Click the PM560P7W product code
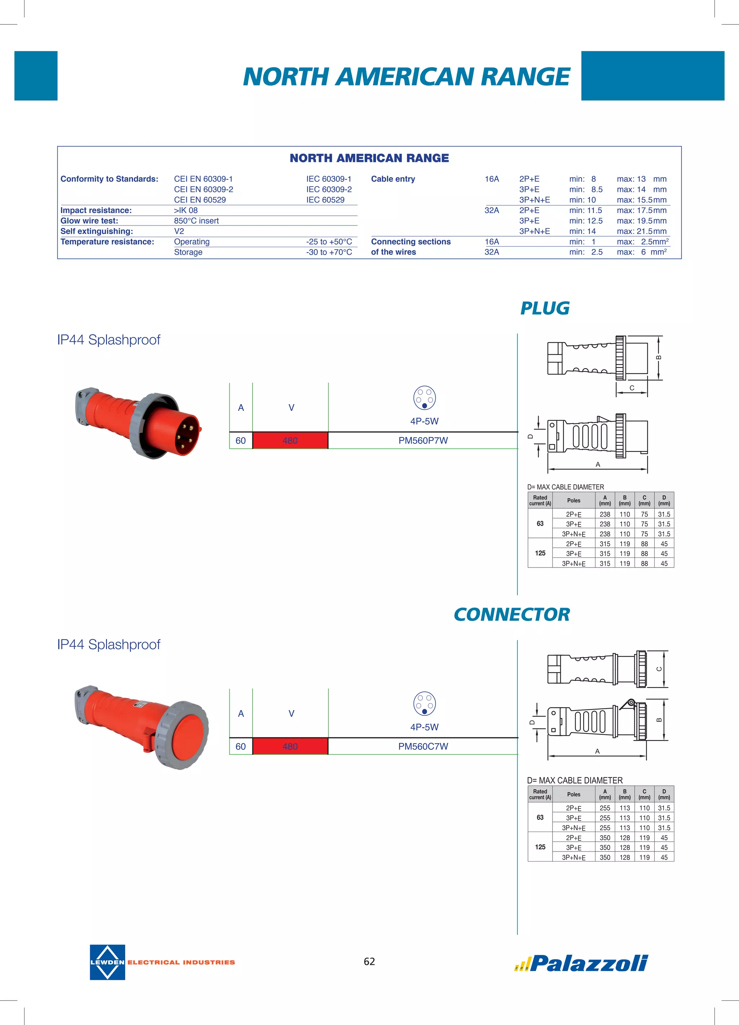click(x=423, y=440)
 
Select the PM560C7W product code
click(x=423, y=746)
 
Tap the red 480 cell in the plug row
click(x=290, y=440)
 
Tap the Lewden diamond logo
click(x=107, y=962)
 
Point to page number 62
click(x=369, y=961)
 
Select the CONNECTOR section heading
click(x=512, y=615)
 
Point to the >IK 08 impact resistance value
click(x=186, y=210)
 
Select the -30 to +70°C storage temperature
click(x=329, y=252)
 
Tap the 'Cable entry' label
click(x=393, y=179)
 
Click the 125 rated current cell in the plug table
click(x=540, y=553)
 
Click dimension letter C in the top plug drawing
click(x=631, y=388)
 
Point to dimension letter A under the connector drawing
click(x=597, y=751)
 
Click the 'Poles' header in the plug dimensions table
click(x=574, y=500)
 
